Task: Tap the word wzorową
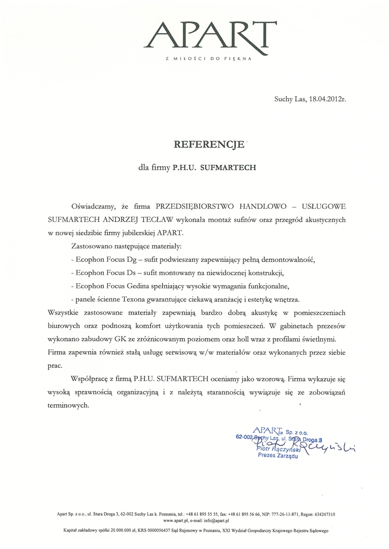click(x=269, y=378)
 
